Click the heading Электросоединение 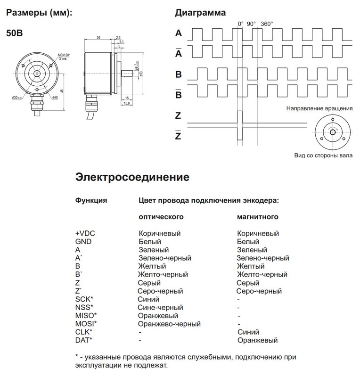[132, 178]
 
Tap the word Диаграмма [200, 13]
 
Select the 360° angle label [267, 24]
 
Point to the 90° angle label [251, 24]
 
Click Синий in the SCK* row [148, 299]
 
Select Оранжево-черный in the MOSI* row [169, 324]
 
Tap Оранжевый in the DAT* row [258, 340]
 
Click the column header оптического [160, 217]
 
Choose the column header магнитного [257, 217]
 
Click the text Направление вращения [319, 108]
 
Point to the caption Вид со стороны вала [323, 155]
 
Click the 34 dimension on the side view [98, 37]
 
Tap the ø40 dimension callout [54, 97]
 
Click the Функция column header [91, 200]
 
